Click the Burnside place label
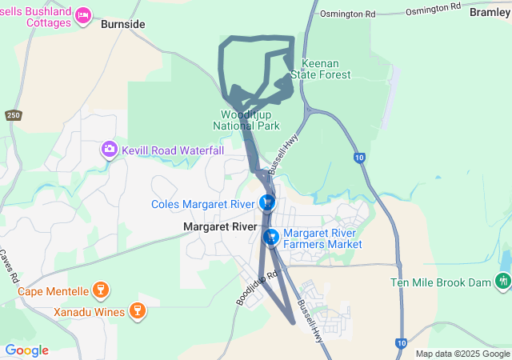click(x=123, y=25)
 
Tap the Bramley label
click(x=490, y=12)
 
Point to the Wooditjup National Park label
click(x=246, y=121)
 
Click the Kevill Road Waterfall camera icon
click(x=109, y=150)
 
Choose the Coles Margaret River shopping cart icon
click(x=267, y=203)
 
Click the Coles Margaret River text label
click(x=203, y=204)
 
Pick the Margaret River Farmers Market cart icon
click(x=271, y=237)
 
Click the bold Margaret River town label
click(x=220, y=227)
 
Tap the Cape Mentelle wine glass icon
click(x=100, y=289)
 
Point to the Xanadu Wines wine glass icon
click(x=137, y=311)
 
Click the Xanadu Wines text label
click(x=90, y=312)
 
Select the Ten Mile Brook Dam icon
click(x=502, y=282)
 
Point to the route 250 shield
click(x=13, y=115)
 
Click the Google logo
click(x=26, y=350)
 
